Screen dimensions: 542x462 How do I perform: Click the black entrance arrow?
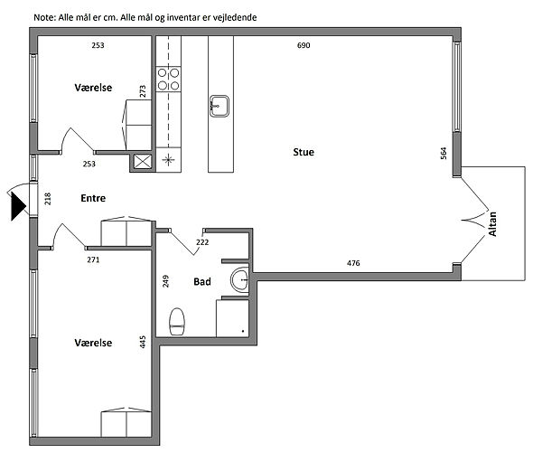(18, 206)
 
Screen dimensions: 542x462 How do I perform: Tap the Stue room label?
(304, 152)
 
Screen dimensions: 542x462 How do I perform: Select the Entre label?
(93, 198)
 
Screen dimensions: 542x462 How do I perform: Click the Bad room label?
(202, 282)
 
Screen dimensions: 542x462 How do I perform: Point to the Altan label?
(492, 224)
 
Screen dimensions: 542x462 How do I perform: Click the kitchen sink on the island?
(220, 107)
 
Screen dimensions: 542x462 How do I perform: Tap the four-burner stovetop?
(168, 80)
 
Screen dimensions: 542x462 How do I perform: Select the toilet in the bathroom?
(177, 322)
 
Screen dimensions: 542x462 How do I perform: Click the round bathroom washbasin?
(239, 279)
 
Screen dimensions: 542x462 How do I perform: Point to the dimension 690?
(304, 45)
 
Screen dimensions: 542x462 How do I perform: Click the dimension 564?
(444, 154)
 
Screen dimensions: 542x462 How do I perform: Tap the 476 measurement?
(353, 263)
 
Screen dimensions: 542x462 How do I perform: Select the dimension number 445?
(143, 342)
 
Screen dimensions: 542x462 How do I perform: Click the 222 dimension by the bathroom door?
(202, 242)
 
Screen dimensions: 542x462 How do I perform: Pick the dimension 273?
(143, 91)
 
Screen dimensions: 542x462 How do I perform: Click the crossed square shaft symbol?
(143, 162)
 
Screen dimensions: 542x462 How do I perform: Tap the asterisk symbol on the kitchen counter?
(168, 159)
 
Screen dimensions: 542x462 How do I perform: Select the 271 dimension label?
(93, 259)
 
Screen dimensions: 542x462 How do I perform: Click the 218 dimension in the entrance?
(48, 199)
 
